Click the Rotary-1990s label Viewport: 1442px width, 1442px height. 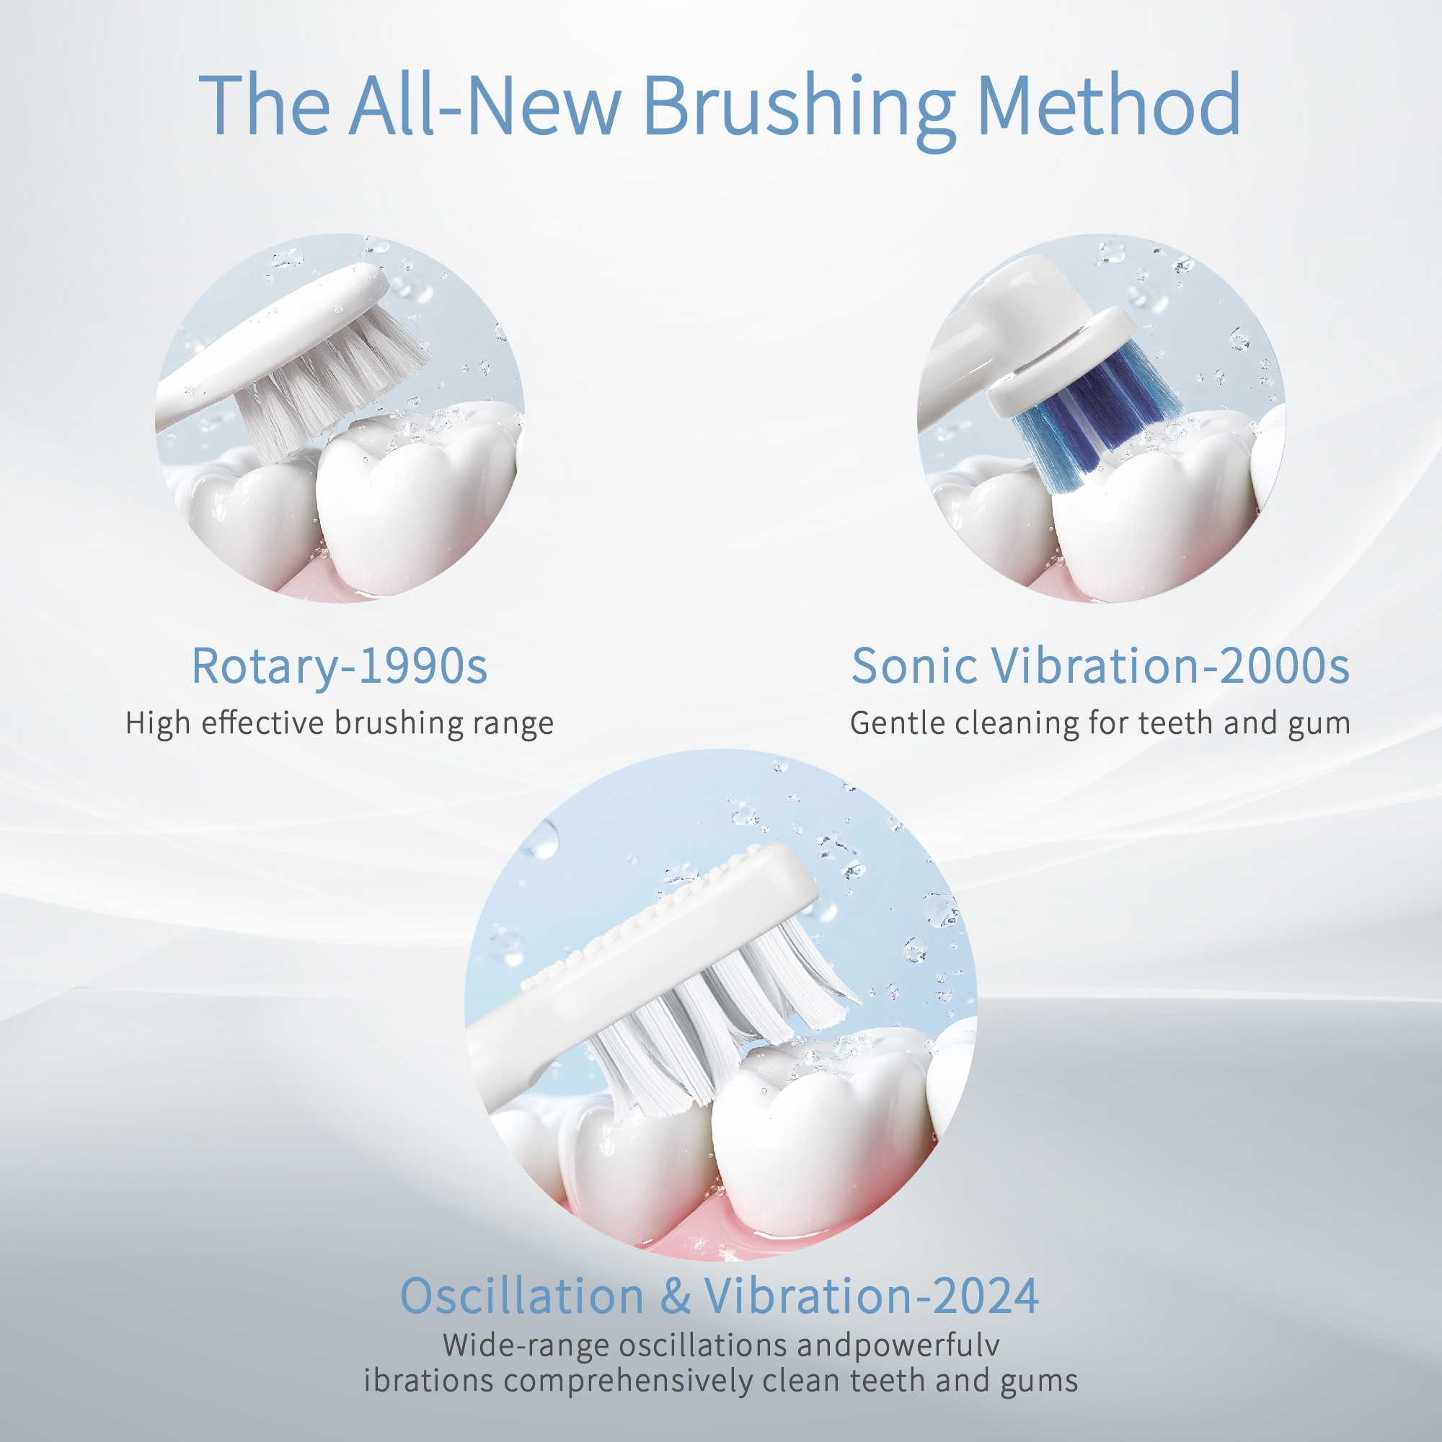coord(340,666)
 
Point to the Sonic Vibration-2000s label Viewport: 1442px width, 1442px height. coord(1100,666)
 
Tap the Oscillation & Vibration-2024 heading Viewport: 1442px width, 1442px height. coord(720,1296)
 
